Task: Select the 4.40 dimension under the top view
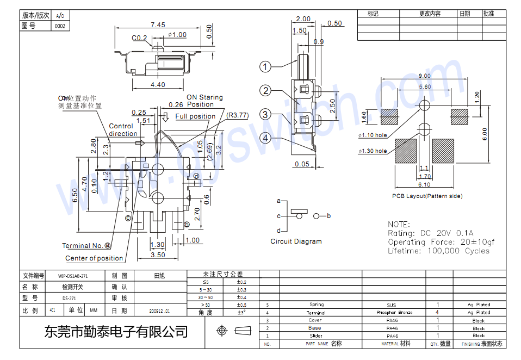[x=158, y=85]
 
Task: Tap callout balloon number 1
[x=265, y=67]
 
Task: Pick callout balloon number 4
[x=265, y=138]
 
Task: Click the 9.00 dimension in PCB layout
[x=425, y=76]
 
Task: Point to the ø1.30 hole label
[x=373, y=151]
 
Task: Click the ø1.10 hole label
[x=373, y=135]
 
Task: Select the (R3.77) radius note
[x=237, y=115]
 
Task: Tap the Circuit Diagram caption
[x=296, y=241]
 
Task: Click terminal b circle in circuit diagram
[x=317, y=216]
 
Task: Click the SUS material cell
[x=392, y=305]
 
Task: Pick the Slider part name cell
[x=315, y=336]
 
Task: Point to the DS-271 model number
[x=69, y=298]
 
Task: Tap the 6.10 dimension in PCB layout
[x=424, y=185]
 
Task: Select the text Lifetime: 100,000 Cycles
[x=438, y=251]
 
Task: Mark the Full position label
[x=195, y=116]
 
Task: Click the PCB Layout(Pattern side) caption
[x=427, y=196]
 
